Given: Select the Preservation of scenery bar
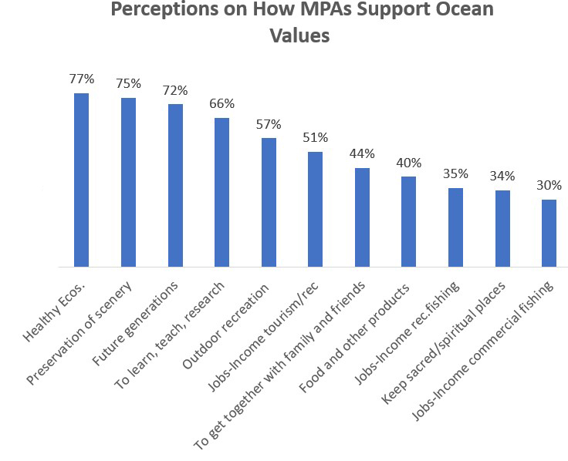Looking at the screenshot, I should (x=128, y=183).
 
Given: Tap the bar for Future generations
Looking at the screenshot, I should (x=175, y=186).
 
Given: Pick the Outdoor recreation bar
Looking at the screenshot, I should (x=269, y=203).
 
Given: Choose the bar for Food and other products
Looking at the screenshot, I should (x=409, y=222).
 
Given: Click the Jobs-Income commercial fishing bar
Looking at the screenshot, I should (x=549, y=234).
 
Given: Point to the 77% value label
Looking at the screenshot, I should (x=81, y=79).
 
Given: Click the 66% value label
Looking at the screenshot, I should (x=221, y=103).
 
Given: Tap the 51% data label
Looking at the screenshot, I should (x=315, y=137).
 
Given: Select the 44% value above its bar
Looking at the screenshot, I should (x=362, y=153).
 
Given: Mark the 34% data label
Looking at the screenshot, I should (x=502, y=176).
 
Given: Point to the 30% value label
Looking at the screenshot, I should (x=549, y=185).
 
